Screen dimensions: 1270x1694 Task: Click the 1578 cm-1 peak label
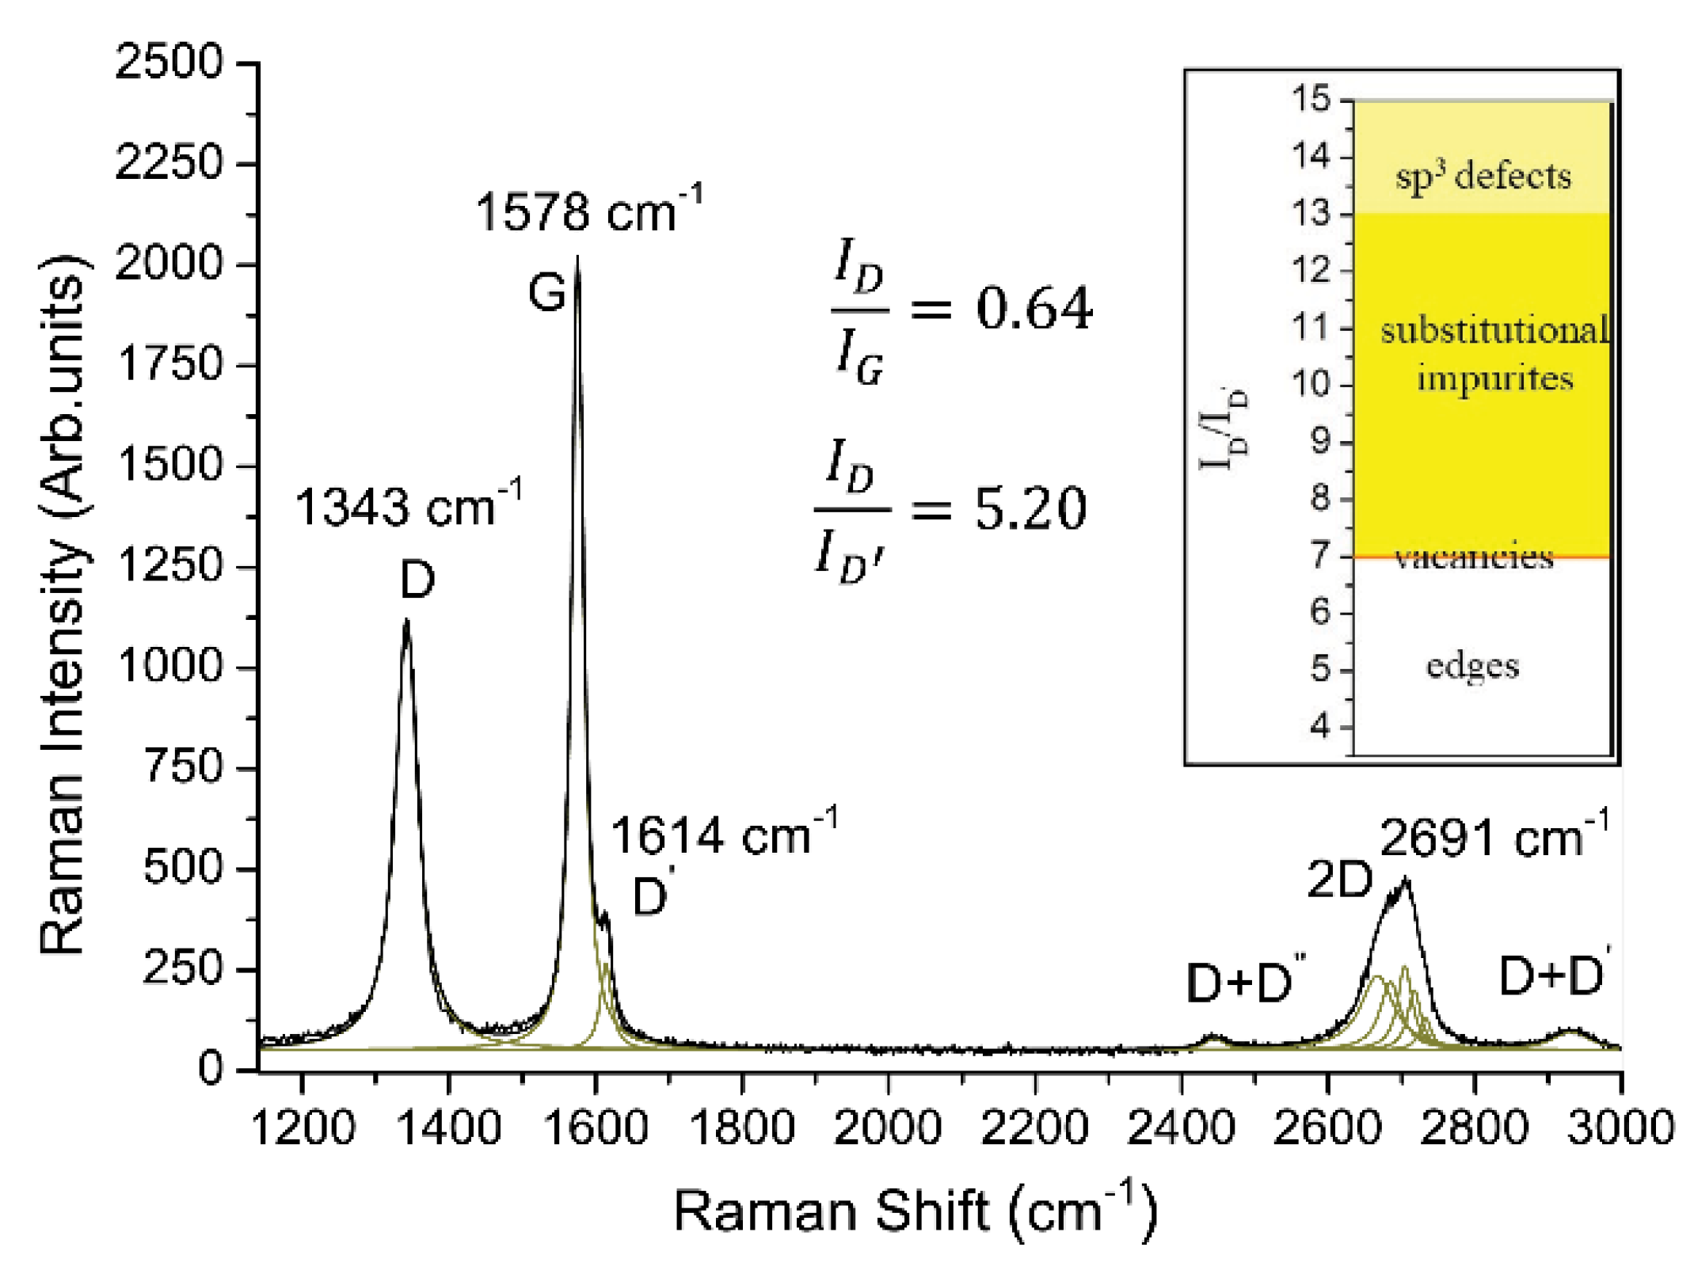[x=588, y=211]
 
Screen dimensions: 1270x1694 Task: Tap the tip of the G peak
[x=577, y=258]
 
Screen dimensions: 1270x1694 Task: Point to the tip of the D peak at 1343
[x=406, y=622]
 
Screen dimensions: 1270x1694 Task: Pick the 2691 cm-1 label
[x=1494, y=837]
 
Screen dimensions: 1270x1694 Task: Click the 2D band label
[x=1338, y=879]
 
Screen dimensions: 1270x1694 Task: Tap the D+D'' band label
[x=1243, y=982]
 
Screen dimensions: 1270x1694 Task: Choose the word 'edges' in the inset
[x=1472, y=665]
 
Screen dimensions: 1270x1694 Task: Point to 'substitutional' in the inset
[x=1494, y=329]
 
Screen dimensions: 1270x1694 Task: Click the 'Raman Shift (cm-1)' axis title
[x=915, y=1210]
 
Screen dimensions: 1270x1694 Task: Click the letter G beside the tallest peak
[x=546, y=292]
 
